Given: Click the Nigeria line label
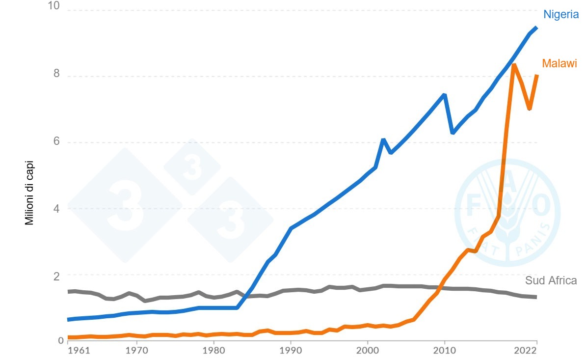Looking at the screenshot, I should tap(560, 15).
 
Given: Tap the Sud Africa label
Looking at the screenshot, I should tap(551, 281).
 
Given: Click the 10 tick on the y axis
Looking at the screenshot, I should tap(53, 7).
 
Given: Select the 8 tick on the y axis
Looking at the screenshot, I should tap(56, 74).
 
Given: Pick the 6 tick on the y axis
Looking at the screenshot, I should tap(56, 141).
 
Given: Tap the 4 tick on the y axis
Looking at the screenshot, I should tap(56, 208).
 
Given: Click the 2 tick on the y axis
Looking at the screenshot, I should tap(56, 277).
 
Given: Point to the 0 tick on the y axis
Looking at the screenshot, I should tap(61, 340).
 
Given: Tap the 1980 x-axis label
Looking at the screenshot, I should tap(214, 351).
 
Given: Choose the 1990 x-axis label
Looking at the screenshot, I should tap(291, 351).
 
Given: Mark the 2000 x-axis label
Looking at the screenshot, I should tap(368, 351).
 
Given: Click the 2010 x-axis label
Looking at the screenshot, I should tap(445, 351).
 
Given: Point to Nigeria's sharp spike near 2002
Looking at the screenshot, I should tap(383, 140).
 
